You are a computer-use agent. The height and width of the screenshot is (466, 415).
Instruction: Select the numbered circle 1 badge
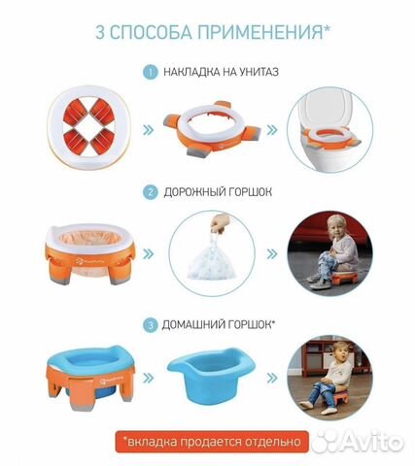(x=149, y=72)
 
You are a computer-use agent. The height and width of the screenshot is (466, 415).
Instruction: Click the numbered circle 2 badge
(x=149, y=192)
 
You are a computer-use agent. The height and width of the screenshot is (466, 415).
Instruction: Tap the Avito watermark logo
(x=374, y=442)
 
